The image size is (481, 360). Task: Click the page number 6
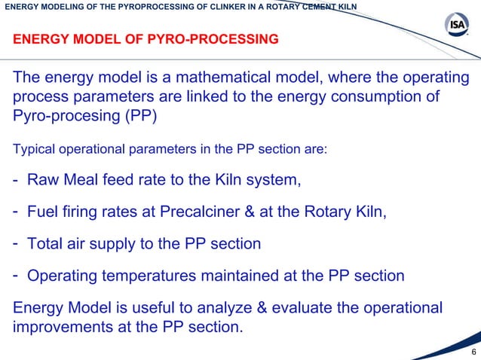(x=473, y=352)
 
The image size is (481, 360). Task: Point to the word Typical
(x=32, y=148)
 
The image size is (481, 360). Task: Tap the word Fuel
(x=45, y=212)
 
